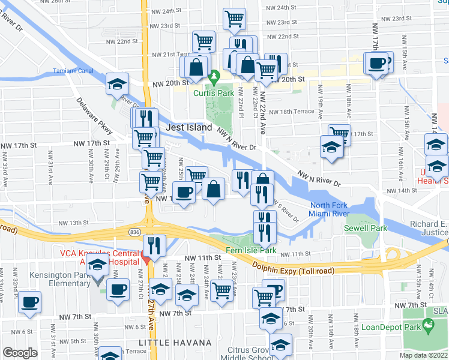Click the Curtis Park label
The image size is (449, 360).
tap(214, 93)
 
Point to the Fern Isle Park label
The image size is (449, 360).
tap(250, 250)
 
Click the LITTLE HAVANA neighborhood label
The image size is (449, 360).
tap(175, 343)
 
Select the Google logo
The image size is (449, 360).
tap(20, 353)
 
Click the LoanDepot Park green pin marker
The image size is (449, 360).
tap(428, 326)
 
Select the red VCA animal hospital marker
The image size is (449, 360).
tap(145, 259)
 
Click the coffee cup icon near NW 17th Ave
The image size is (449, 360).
tap(378, 63)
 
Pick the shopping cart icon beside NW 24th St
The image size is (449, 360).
tap(234, 18)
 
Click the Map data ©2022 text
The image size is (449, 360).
tap(423, 355)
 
